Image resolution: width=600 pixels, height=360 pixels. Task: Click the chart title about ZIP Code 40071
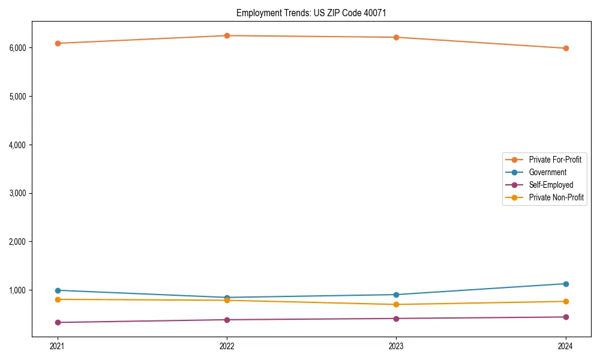point(315,13)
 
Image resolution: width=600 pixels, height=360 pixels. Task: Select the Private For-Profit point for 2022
point(227,35)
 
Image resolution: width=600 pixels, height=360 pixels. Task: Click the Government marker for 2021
point(58,290)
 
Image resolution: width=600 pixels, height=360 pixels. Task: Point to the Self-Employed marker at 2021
point(58,322)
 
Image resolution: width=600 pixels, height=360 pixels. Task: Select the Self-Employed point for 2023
point(397,318)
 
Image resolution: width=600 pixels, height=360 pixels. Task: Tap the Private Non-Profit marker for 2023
point(397,304)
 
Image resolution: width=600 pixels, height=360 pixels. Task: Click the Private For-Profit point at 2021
point(58,43)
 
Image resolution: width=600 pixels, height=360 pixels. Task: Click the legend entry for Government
point(547,172)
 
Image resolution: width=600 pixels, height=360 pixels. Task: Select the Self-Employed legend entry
point(551,185)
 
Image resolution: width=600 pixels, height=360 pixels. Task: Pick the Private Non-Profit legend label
point(556,197)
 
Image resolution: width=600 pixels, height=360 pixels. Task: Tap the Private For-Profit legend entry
point(554,160)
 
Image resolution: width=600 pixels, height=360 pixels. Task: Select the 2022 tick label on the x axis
point(227,346)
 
